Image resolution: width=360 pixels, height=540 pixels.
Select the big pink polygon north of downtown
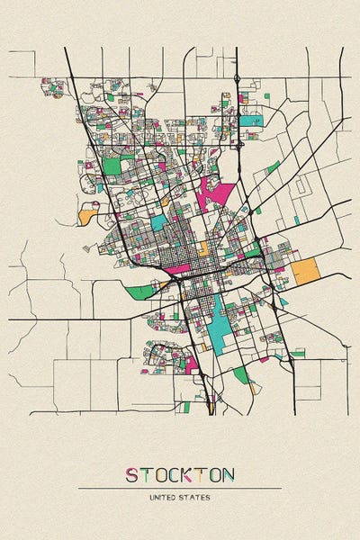(x=215, y=193)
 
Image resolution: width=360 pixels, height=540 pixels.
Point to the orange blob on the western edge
(x=88, y=214)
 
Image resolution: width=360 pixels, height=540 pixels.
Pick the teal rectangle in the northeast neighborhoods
(x=249, y=120)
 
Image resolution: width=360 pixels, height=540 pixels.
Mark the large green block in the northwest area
(x=112, y=166)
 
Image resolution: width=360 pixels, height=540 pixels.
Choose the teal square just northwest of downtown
(x=158, y=221)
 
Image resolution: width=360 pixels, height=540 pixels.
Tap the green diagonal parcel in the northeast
(x=273, y=166)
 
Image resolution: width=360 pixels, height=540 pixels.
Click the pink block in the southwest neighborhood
(x=191, y=364)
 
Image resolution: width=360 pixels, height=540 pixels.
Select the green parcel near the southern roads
(x=240, y=373)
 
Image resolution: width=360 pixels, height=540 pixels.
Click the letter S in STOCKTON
(x=131, y=474)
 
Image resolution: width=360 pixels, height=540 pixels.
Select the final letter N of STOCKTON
(x=229, y=474)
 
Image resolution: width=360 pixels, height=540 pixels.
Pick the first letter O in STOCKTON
(x=159, y=474)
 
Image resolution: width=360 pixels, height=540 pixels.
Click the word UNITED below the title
(x=165, y=498)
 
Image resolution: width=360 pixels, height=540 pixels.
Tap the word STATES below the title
(x=195, y=498)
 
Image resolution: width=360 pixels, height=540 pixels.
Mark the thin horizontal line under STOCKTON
(x=180, y=488)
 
